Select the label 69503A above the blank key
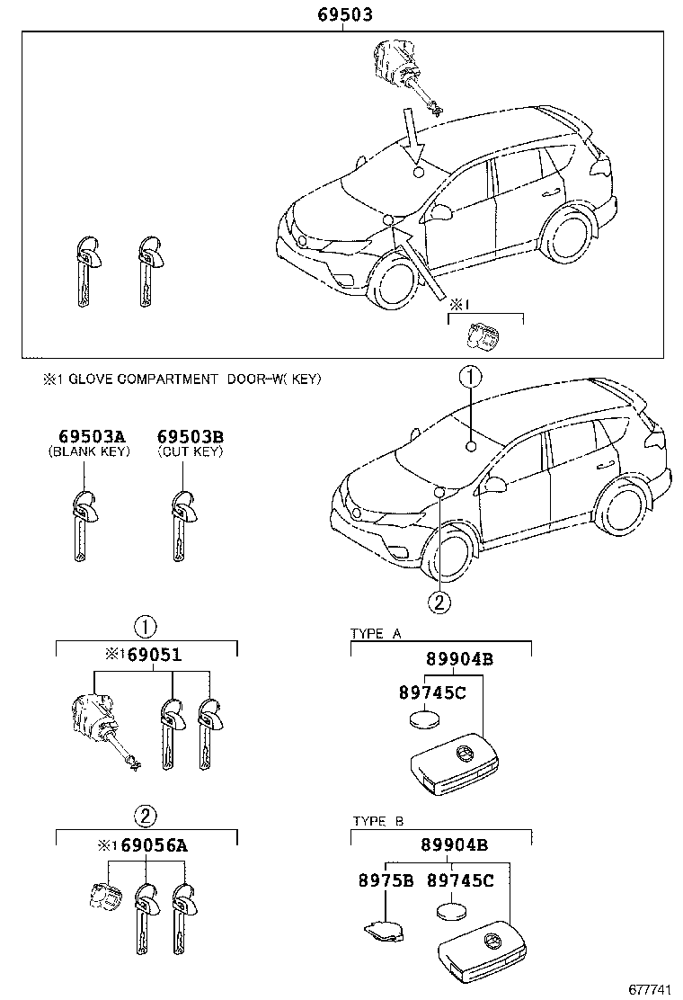click(x=88, y=436)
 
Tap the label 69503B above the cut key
click(x=191, y=436)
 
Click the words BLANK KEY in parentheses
click(x=89, y=451)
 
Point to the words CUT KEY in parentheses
click(x=190, y=451)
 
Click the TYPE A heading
click(x=376, y=634)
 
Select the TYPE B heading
click(x=376, y=822)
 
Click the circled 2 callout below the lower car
click(x=439, y=603)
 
